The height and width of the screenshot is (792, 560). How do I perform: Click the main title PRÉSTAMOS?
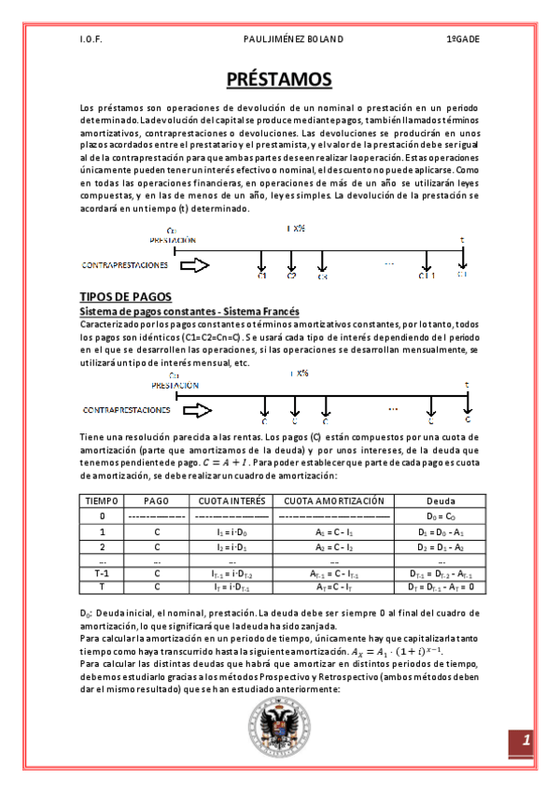pyautogui.click(x=279, y=80)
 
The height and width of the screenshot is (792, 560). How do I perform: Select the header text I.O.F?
pyautogui.click(x=91, y=40)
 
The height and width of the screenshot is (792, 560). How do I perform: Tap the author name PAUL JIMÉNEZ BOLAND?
pyautogui.click(x=279, y=40)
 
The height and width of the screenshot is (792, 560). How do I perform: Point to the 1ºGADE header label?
pyautogui.click(x=462, y=40)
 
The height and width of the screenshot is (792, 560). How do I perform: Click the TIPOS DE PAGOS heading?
pyautogui.click(x=123, y=296)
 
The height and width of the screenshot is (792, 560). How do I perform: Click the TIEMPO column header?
pyautogui.click(x=102, y=501)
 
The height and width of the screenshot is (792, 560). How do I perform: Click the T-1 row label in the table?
pyautogui.click(x=102, y=573)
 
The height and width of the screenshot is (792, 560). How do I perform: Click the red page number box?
pyautogui.click(x=525, y=742)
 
